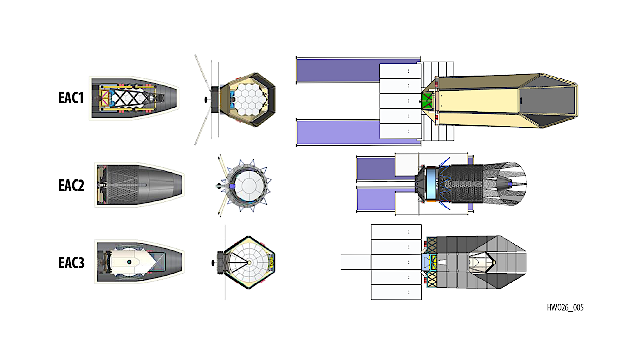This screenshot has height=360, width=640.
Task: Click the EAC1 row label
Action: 71,98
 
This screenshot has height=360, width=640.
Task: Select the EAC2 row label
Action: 71,185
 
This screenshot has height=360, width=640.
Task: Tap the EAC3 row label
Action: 71,263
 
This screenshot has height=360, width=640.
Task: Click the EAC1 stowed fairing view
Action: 134,98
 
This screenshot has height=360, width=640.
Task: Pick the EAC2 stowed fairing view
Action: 139,185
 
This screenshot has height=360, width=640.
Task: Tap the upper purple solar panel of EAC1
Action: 337,70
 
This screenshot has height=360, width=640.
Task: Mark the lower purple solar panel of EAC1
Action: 337,133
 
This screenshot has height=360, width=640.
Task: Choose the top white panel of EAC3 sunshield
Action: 396,232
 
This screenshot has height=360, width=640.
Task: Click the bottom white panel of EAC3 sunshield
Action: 396,292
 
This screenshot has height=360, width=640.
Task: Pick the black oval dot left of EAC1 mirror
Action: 206,100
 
